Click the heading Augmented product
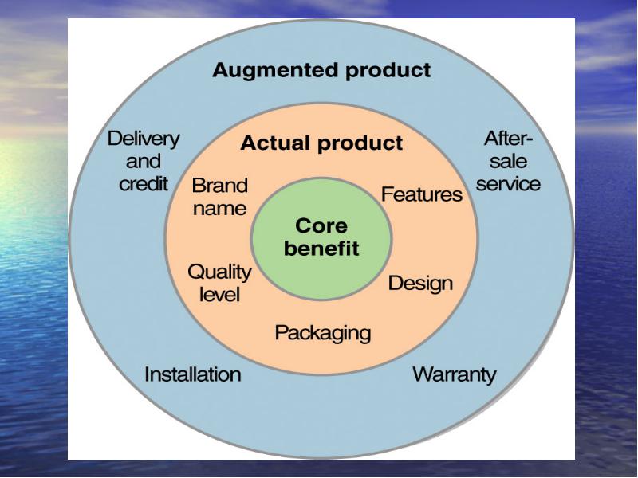pos(321,71)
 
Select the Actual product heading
pos(321,143)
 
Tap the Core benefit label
pos(321,237)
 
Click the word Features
pos(422,194)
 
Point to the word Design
pos(420,284)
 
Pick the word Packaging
pos(323,333)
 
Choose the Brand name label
pos(220,197)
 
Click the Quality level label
pos(220,283)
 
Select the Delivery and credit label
pos(144,161)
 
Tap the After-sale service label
pos(508,161)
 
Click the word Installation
pos(193,374)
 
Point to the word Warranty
pos(455,374)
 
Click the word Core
pos(321,225)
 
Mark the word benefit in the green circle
pos(321,248)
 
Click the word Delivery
pos(144,139)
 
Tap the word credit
pos(144,184)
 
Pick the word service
pos(508,184)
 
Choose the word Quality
pos(220,272)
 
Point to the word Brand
pos(220,186)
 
